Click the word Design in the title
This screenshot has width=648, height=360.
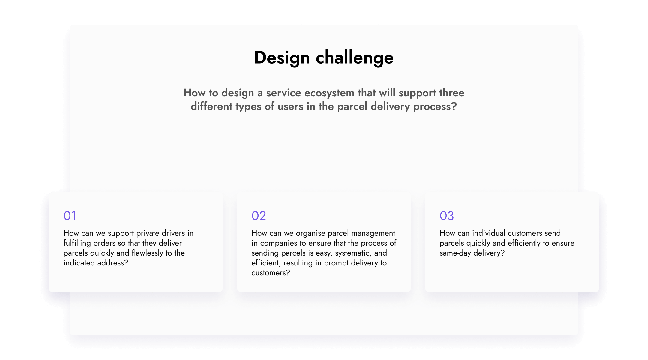click(282, 58)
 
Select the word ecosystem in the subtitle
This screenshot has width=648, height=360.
click(329, 93)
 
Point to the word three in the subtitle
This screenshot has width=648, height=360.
click(452, 93)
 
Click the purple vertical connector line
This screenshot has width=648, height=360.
click(324, 151)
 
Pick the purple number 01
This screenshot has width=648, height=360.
click(70, 216)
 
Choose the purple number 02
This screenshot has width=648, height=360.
click(259, 216)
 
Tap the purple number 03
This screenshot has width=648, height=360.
click(447, 216)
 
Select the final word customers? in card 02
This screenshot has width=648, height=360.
click(271, 273)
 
